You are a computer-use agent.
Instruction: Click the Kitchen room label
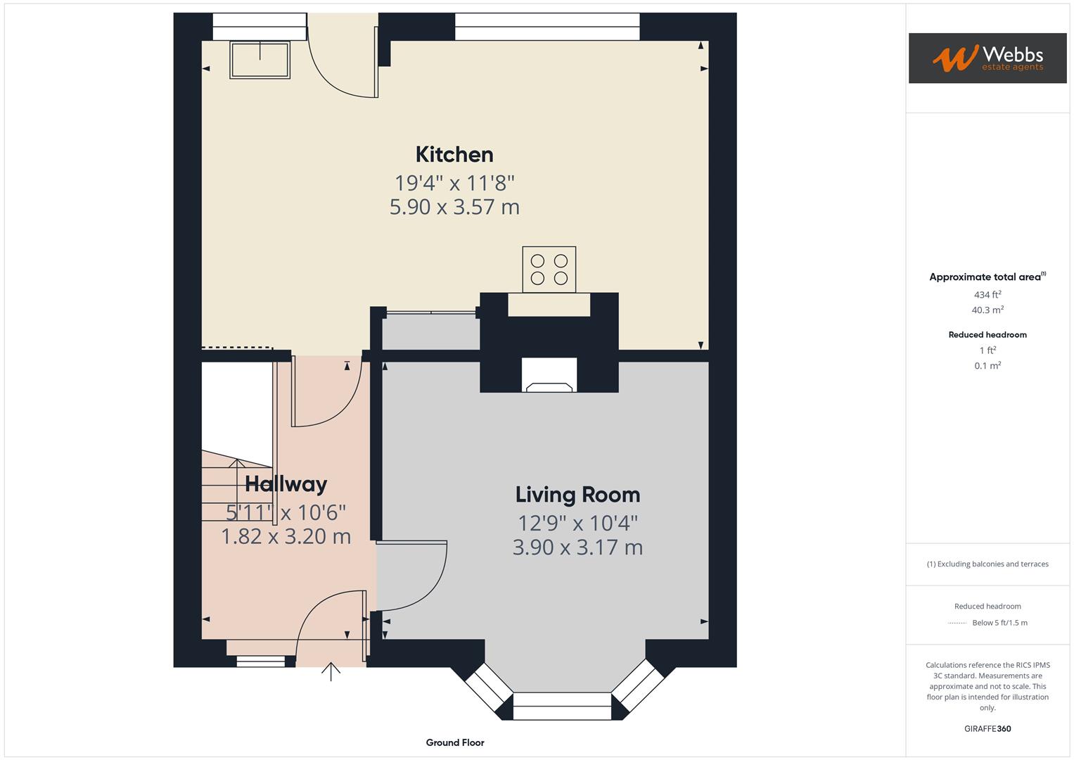(454, 154)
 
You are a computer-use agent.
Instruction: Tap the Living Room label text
(577, 495)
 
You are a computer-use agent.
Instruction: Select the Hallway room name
(286, 484)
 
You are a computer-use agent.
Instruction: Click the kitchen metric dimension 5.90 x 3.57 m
(454, 207)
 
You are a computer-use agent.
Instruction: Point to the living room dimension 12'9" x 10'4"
(577, 523)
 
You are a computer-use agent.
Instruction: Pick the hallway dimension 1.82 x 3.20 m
(286, 536)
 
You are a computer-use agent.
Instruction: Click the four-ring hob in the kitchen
(549, 269)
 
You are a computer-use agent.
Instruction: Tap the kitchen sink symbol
(260, 59)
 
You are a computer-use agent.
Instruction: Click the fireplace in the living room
(549, 376)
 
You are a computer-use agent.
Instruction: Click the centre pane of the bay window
(562, 706)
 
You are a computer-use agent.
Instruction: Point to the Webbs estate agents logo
(987, 58)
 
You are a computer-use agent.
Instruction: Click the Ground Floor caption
(454, 742)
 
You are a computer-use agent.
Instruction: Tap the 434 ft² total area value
(987, 295)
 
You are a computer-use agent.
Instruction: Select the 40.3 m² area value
(987, 310)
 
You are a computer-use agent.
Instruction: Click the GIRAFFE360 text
(987, 728)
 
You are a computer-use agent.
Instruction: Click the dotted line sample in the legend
(957, 623)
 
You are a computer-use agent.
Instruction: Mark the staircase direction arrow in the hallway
(237, 464)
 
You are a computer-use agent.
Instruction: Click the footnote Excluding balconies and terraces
(987, 564)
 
